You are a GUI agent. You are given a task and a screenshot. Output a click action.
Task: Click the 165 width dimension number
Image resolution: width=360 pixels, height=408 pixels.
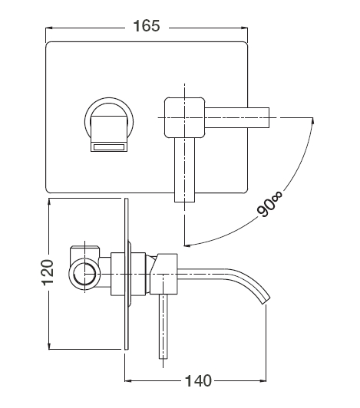tap(147, 26)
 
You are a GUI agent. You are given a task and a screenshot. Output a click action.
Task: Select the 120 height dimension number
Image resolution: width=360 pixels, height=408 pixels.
tap(48, 272)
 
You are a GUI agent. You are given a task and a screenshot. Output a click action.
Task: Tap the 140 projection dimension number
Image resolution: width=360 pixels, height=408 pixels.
tap(198, 381)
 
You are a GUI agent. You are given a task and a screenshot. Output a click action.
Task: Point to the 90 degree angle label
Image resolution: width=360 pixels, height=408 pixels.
tap(269, 204)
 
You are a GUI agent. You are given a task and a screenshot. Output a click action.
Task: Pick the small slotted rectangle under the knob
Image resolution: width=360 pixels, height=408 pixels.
tap(109, 147)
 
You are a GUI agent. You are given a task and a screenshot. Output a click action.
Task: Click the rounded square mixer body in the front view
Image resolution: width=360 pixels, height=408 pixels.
tap(185, 117)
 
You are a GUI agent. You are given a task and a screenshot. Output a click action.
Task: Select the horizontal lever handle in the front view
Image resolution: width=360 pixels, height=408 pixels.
tap(236, 117)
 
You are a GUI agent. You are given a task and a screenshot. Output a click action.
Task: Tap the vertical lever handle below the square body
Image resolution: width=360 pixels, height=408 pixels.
tap(184, 170)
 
